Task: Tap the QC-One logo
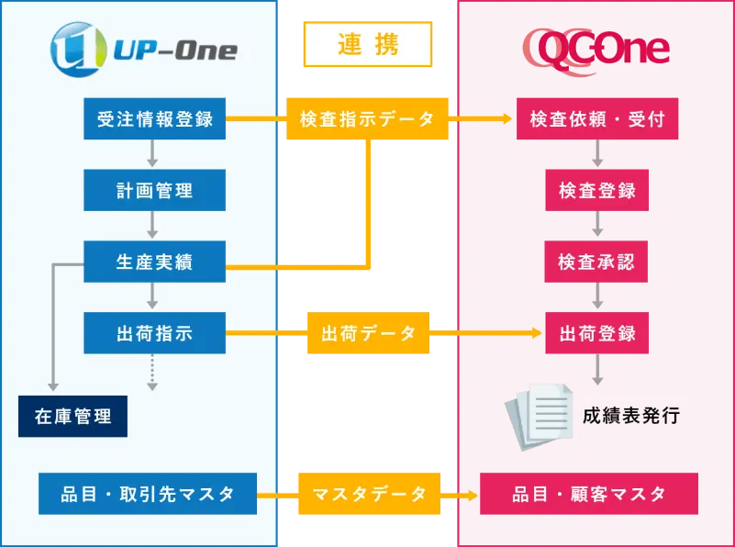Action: pos(596,48)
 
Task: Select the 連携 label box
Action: pos(368,45)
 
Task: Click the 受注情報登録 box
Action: pos(154,119)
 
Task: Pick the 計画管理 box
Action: pos(154,191)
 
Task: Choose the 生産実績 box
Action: pos(154,263)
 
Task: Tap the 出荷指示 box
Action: pos(154,333)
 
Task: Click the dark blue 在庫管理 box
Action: pos(72,416)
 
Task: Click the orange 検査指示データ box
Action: pos(368,119)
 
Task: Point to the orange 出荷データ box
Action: pos(368,333)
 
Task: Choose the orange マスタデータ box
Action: pos(368,495)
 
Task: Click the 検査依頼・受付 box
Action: pos(597,119)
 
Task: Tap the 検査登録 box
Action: pos(597,191)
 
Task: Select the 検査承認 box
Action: pos(597,263)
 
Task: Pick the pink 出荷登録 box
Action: pos(597,333)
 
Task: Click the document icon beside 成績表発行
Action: pos(540,416)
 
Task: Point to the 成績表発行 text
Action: pos(631,416)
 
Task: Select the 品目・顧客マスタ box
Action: pos(589,495)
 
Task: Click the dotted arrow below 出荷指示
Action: pos(154,372)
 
